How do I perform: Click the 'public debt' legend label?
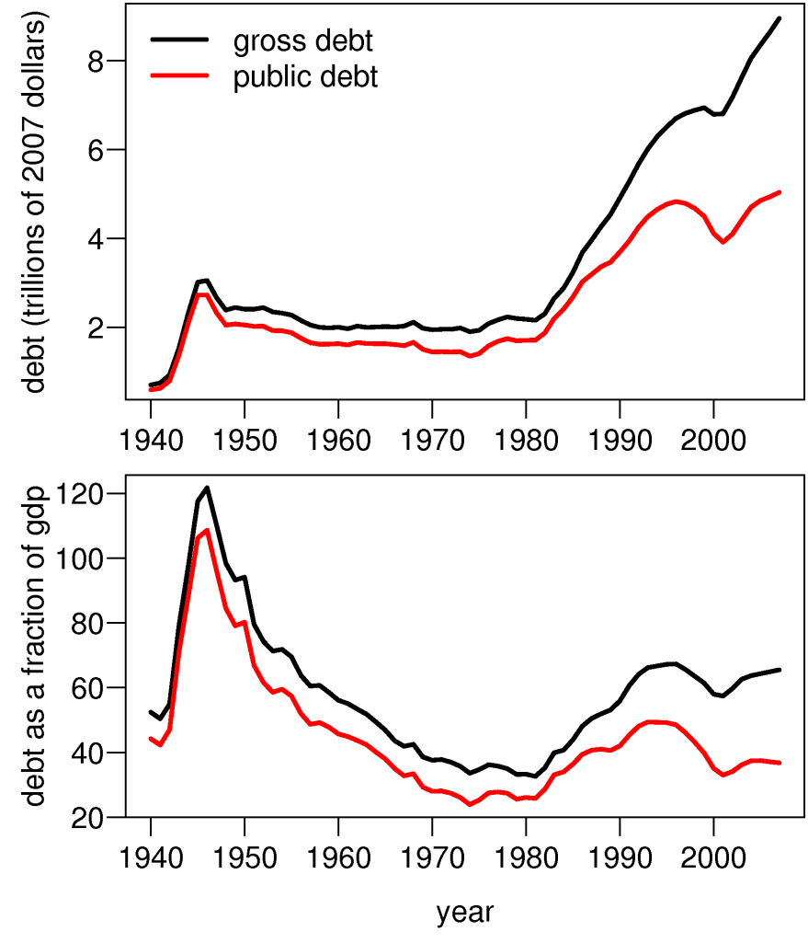[305, 77]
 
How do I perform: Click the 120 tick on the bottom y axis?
[81, 494]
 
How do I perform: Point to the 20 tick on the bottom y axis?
[90, 818]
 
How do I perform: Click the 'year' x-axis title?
[465, 913]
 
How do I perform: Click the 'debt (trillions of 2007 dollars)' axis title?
[35, 204]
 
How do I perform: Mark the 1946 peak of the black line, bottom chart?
[208, 488]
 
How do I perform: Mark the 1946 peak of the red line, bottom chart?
[208, 530]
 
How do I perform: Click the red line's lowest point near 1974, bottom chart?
[470, 804]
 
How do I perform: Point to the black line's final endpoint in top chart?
[780, 18]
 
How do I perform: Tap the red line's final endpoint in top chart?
[780, 192]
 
